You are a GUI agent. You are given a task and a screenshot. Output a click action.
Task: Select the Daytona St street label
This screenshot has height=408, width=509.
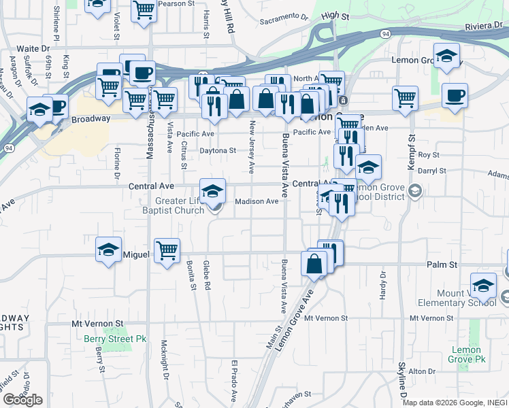click(x=217, y=150)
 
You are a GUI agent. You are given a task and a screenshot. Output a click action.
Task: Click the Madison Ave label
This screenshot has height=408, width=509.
click(x=257, y=201)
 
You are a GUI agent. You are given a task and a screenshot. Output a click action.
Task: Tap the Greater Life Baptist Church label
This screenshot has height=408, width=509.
click(x=170, y=205)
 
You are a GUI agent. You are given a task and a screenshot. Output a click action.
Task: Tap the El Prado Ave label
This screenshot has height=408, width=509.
click(x=233, y=376)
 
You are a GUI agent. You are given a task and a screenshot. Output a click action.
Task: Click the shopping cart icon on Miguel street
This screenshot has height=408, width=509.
click(x=167, y=251)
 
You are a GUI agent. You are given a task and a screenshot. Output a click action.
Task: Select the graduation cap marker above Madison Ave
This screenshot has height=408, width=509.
click(x=212, y=190)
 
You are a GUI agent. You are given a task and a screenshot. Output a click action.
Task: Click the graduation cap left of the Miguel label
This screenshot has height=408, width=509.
click(x=109, y=249)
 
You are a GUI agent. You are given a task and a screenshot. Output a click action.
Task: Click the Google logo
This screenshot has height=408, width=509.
click(x=22, y=400)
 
